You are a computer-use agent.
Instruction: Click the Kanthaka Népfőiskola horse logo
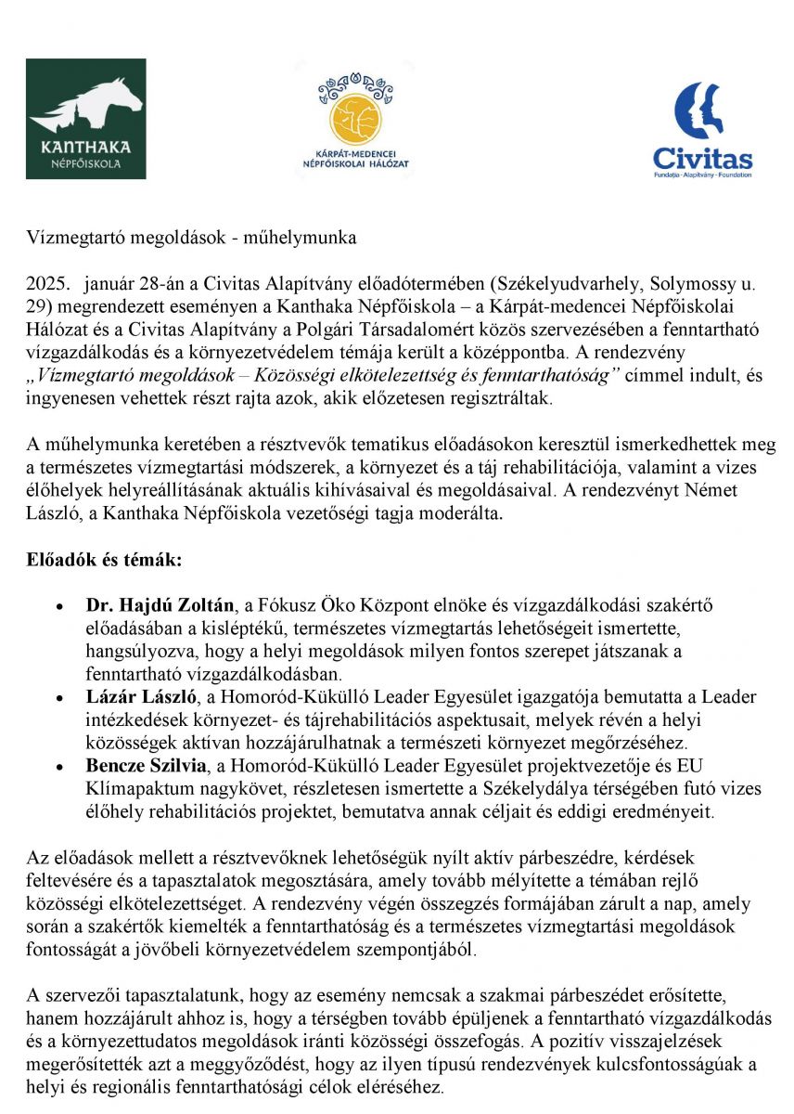tap(85, 118)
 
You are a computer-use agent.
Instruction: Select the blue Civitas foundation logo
tap(702, 129)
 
